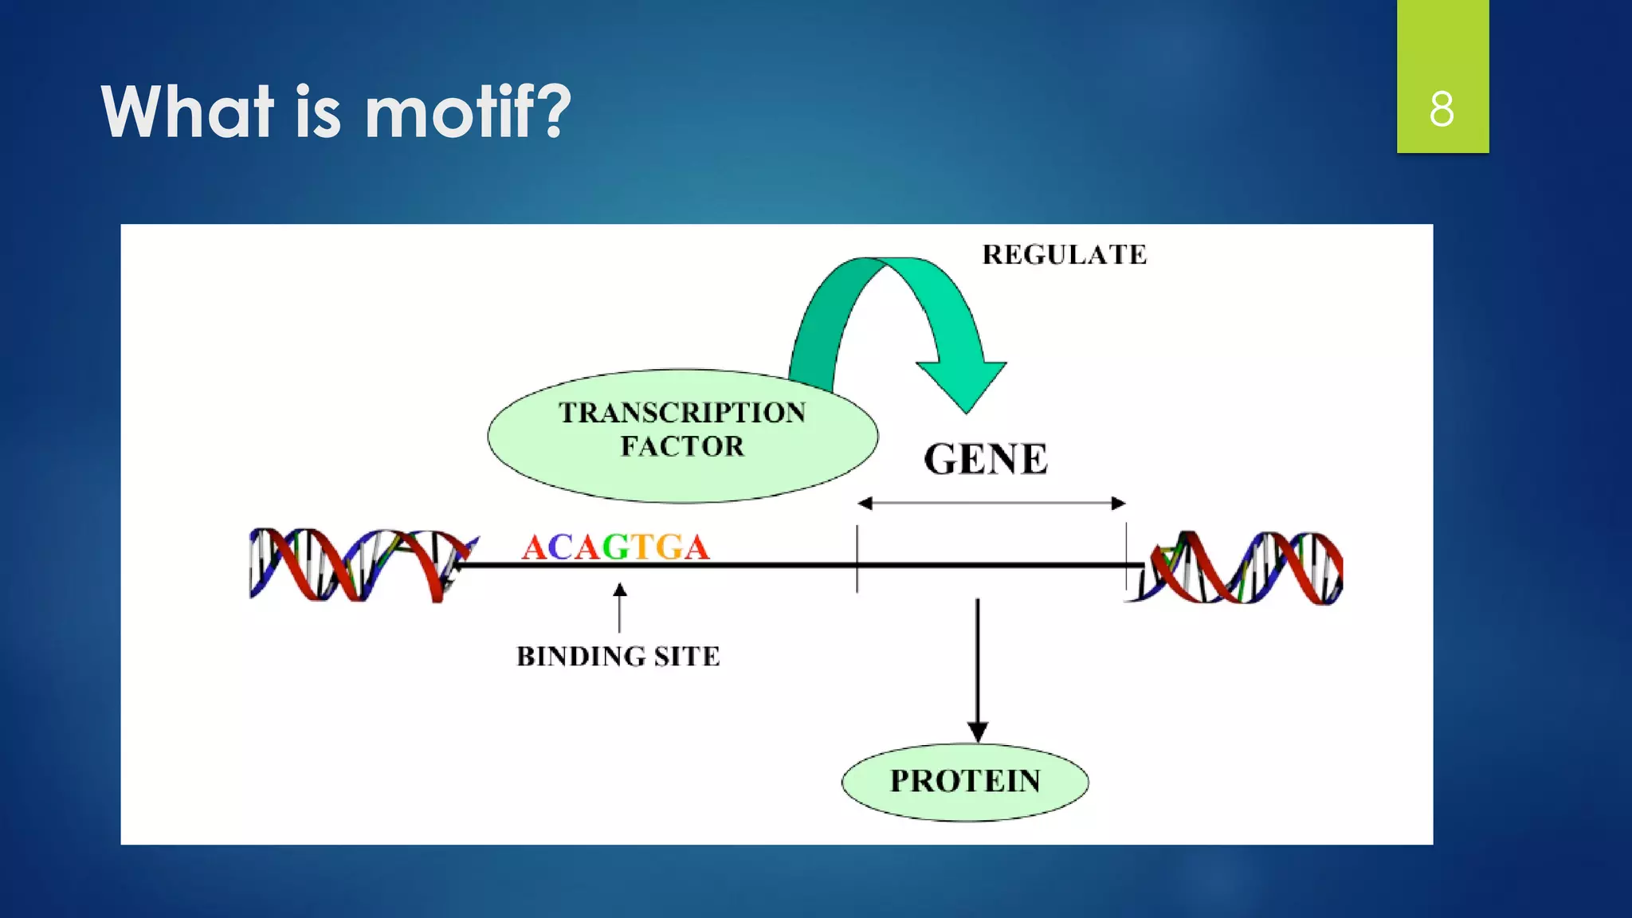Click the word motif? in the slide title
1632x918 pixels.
coord(468,112)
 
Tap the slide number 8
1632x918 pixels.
coord(1442,109)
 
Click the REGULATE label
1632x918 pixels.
coord(1064,255)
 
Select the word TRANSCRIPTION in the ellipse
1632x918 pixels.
coord(682,413)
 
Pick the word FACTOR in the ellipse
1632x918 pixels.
coord(682,446)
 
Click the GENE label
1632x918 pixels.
coord(986,460)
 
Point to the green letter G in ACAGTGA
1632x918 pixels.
coord(615,547)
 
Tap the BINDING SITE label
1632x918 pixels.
coord(618,657)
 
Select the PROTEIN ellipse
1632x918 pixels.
coord(965,782)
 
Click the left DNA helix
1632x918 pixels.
coord(359,564)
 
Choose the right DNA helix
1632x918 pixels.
coord(1243,567)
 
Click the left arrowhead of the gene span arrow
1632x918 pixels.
coord(865,503)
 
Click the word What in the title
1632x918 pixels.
coord(188,112)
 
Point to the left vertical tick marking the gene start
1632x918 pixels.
coord(857,558)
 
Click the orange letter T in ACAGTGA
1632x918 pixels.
coord(642,547)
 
